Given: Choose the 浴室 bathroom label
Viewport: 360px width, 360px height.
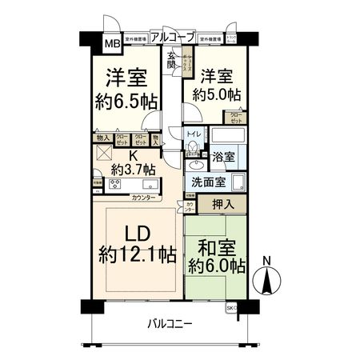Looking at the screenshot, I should pyautogui.click(x=223, y=158).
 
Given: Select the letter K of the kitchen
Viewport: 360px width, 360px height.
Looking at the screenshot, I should pyautogui.click(x=134, y=155).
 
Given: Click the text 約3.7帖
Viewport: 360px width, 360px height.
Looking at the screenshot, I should pyautogui.click(x=132, y=169).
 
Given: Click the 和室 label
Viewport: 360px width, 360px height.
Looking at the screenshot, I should pyautogui.click(x=214, y=247).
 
